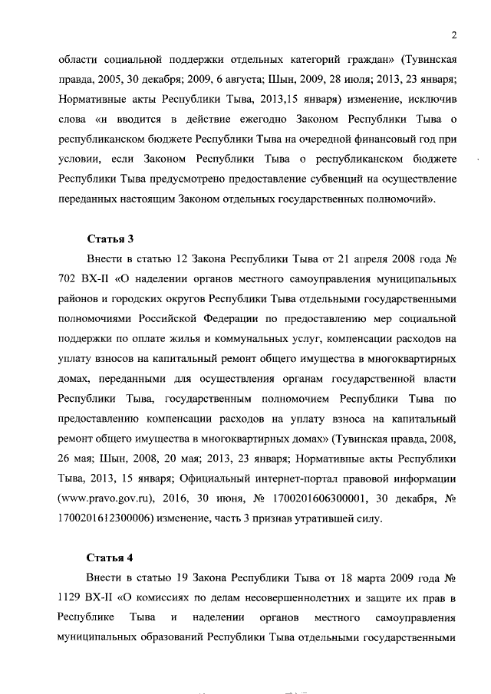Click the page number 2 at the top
point(454,35)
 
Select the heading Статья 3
point(109,238)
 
